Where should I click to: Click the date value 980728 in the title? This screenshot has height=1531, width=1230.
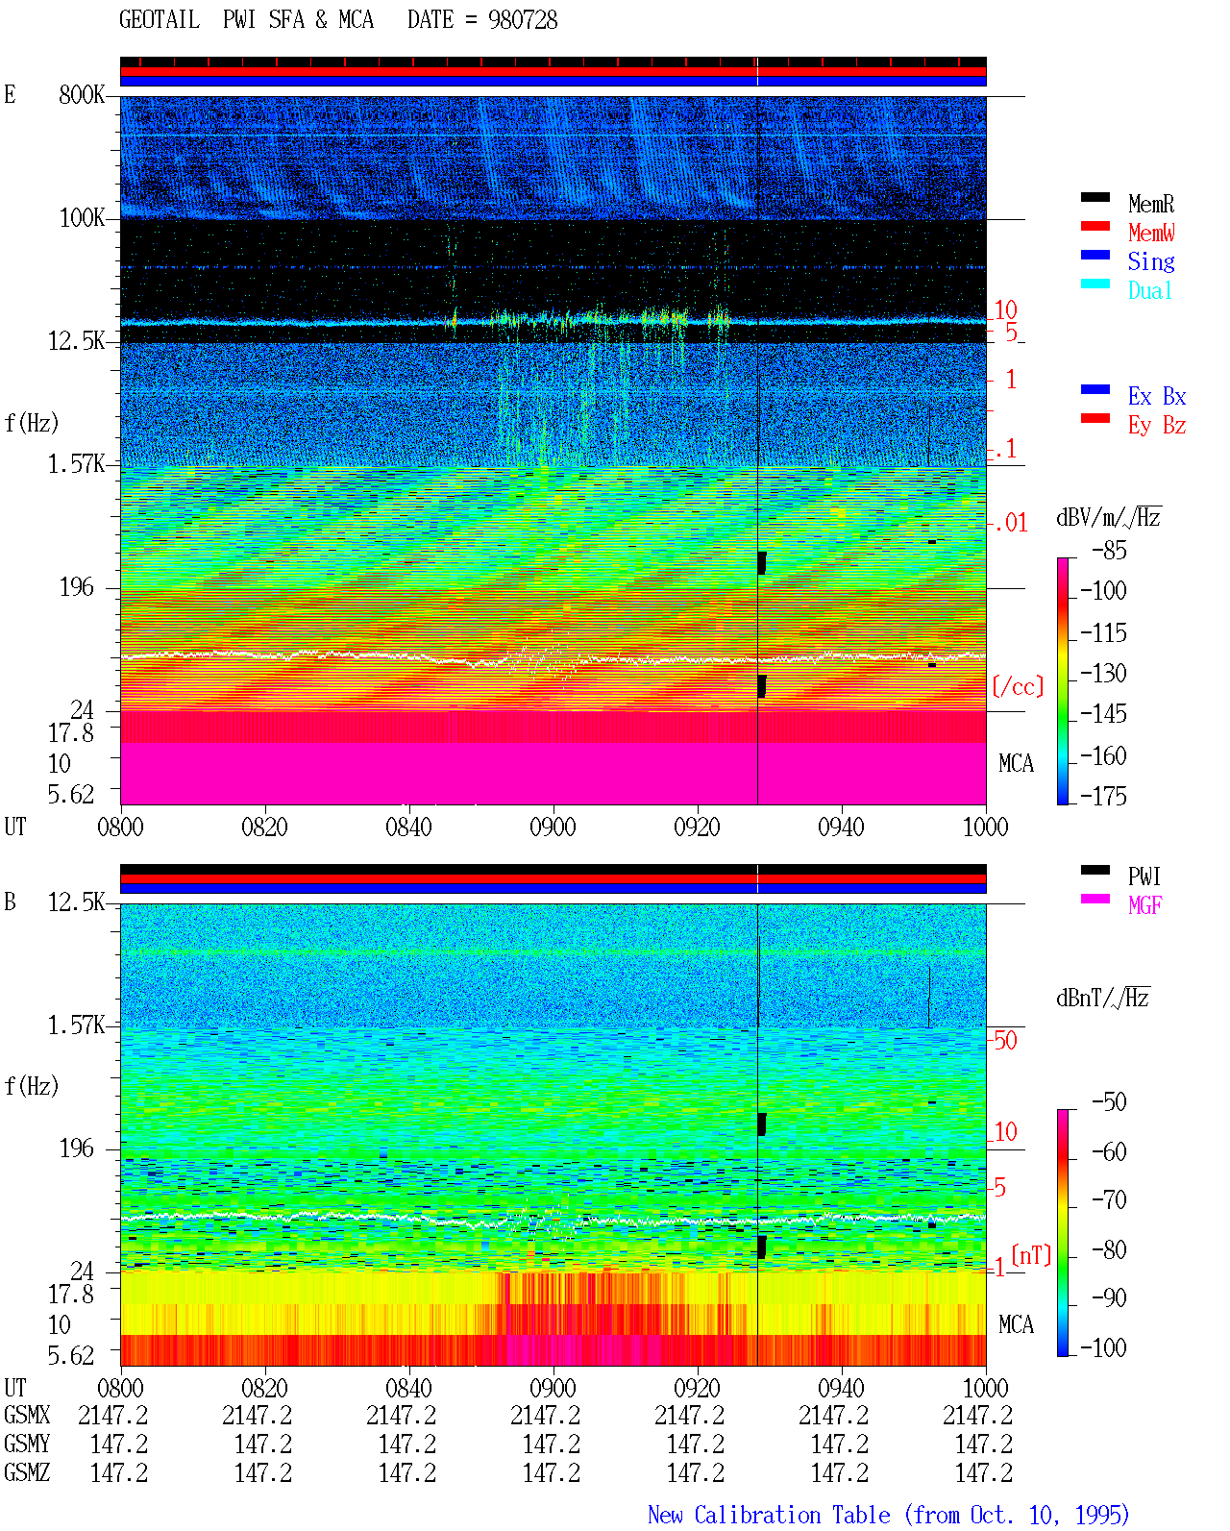point(522,20)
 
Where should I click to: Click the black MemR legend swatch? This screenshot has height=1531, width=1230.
point(1095,197)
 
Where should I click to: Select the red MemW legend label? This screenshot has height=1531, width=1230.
point(1151,233)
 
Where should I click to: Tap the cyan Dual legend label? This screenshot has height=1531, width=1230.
point(1149,290)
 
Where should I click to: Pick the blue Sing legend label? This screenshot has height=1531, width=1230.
point(1150,261)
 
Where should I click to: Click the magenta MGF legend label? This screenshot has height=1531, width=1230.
point(1144,905)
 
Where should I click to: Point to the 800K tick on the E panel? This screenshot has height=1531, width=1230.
point(81,94)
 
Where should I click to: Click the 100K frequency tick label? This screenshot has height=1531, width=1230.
point(82,218)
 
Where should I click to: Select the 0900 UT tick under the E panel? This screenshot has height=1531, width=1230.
point(553,827)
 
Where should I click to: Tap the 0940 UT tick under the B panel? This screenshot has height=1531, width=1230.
point(841,1387)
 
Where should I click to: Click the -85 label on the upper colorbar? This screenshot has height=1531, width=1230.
point(1109,550)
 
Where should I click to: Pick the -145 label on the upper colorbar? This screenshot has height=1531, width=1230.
point(1103,713)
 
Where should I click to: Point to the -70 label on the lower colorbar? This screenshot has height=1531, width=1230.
point(1109,1199)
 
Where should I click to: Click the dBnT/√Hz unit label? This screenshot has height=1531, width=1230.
point(1102,998)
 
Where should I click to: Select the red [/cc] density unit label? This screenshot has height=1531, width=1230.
point(1018,686)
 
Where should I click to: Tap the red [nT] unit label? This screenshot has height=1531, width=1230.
point(1031,1254)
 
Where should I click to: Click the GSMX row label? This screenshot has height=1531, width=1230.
point(27,1415)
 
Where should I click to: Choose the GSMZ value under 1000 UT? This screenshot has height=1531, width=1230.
point(983,1472)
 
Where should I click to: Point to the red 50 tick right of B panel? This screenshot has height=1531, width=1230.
point(1005,1040)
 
